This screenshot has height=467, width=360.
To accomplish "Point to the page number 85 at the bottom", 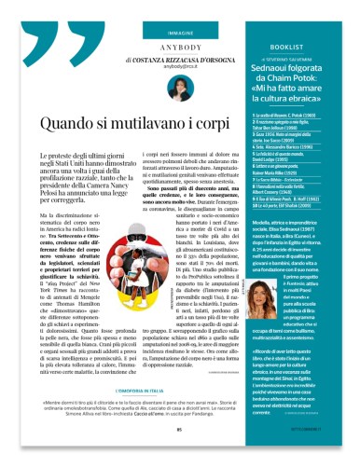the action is [180, 455].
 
